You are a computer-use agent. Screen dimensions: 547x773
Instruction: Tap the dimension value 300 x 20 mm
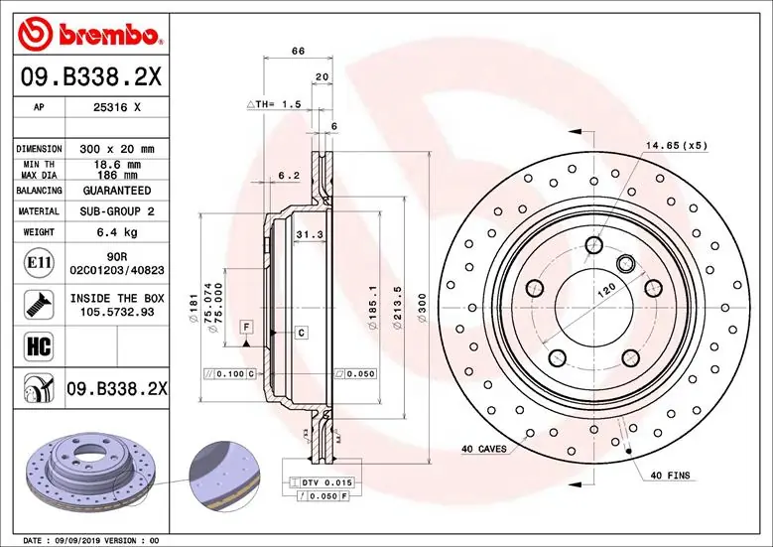point(115,149)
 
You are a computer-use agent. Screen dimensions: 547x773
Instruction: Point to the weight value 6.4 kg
point(116,233)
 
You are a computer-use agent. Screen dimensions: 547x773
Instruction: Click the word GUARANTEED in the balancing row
point(116,190)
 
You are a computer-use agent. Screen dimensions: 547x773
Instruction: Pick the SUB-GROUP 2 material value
point(116,211)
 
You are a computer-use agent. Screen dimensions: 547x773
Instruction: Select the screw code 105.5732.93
point(117,312)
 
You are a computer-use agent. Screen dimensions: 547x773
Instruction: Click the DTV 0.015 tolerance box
point(324,481)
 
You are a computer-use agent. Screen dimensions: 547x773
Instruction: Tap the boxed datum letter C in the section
point(300,332)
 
